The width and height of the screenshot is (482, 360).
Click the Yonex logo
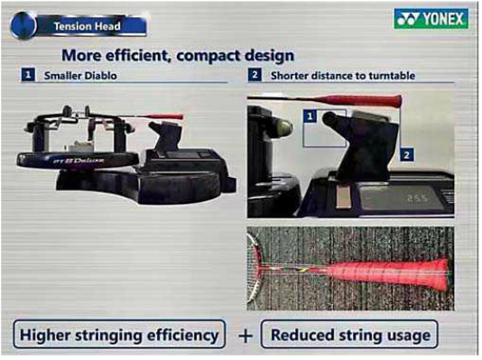pyautogui.click(x=431, y=18)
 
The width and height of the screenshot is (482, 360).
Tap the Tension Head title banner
pyautogui.click(x=79, y=26)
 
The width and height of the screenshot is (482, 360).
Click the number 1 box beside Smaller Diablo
pyautogui.click(x=28, y=75)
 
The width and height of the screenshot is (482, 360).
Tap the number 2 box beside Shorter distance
pyautogui.click(x=255, y=75)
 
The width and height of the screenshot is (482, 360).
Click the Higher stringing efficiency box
pyautogui.click(x=119, y=334)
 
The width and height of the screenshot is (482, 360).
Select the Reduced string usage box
pyautogui.click(x=349, y=334)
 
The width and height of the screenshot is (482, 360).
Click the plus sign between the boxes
pyautogui.click(x=245, y=336)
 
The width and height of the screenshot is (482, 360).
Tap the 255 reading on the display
pyautogui.click(x=417, y=198)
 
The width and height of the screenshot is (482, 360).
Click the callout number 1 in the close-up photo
pyautogui.click(x=311, y=116)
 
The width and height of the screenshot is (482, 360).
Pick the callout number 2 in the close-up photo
pyautogui.click(x=407, y=154)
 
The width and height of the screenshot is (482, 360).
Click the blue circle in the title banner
pyautogui.click(x=23, y=26)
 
